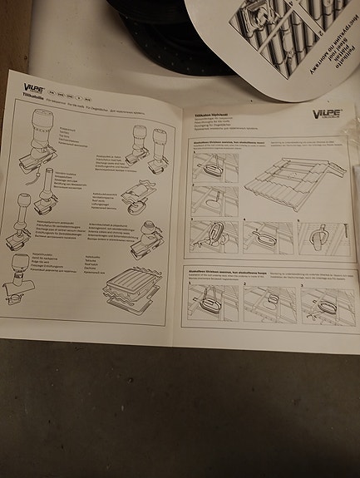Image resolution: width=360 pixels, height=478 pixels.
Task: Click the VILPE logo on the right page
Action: tap(325, 114)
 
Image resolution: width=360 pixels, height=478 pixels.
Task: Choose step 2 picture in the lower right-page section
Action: tap(268, 305)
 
